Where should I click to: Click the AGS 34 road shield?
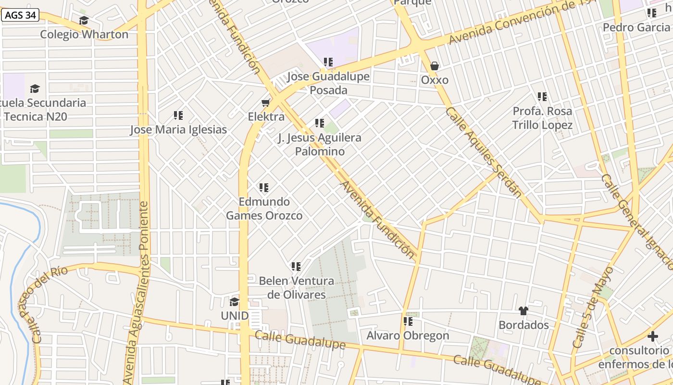(x=21, y=15)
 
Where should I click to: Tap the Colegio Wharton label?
(x=84, y=35)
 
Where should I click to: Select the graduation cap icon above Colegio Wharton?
(x=84, y=20)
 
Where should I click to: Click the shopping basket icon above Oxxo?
(x=435, y=66)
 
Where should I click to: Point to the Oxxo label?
(x=435, y=80)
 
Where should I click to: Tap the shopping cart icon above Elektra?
(x=265, y=103)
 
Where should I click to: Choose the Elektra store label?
(x=266, y=117)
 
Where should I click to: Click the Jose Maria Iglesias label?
(x=178, y=130)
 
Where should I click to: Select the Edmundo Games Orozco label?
(x=264, y=208)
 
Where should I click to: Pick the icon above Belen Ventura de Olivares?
(x=296, y=266)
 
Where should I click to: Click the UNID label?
(x=235, y=316)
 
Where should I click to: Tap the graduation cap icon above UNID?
(x=234, y=302)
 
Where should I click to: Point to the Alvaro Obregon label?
(x=408, y=335)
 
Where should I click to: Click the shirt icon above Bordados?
(x=523, y=311)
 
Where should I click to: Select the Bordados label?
(x=523, y=325)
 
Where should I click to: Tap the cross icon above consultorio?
(x=652, y=336)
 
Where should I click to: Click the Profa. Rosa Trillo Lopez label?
(x=542, y=118)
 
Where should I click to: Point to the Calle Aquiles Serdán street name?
(x=483, y=152)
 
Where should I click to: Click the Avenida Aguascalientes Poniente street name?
(x=137, y=294)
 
